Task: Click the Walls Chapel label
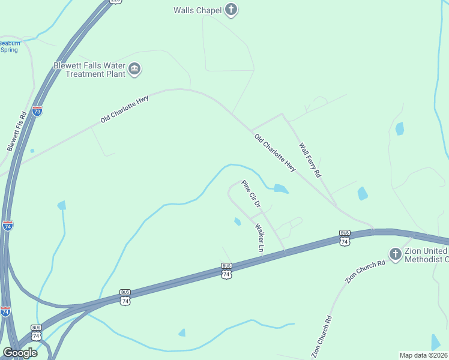pyautogui.click(x=197, y=10)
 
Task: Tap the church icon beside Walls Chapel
pyautogui.click(x=231, y=10)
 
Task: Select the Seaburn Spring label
pyautogui.click(x=9, y=47)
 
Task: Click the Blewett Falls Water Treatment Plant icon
pyautogui.click(x=134, y=70)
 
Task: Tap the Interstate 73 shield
pyautogui.click(x=37, y=110)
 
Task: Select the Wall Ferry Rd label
pyautogui.click(x=310, y=160)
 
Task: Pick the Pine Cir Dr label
pyautogui.click(x=250, y=194)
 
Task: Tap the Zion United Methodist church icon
pyautogui.click(x=395, y=254)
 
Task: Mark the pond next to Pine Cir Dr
pyautogui.click(x=280, y=189)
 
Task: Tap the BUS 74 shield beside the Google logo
pyautogui.click(x=37, y=333)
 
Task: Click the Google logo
pyautogui.click(x=20, y=353)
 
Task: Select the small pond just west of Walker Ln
pyautogui.click(x=237, y=222)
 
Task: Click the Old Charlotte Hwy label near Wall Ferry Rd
pyautogui.click(x=275, y=152)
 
